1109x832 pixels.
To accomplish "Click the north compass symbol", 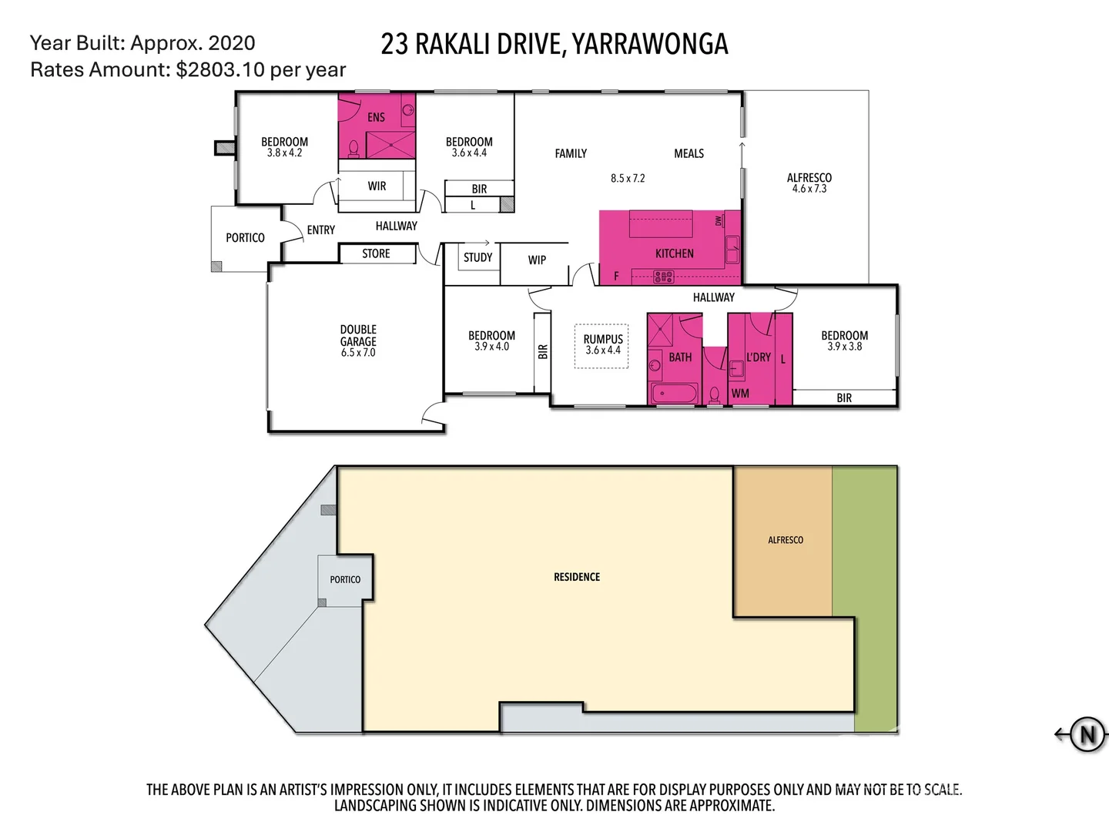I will coord(1087,734).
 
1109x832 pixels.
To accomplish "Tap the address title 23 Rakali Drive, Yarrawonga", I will coord(554,45).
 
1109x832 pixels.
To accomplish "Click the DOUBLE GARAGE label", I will coord(358,341).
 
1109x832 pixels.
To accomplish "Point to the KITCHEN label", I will coord(674,253).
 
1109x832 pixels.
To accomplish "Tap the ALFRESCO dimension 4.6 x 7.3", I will coord(809,189).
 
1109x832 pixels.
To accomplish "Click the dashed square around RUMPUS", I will coord(602,346).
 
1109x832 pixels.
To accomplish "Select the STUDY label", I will coord(477,257).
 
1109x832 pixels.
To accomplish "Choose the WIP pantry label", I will coord(537,260).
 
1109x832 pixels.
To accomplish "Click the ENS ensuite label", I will coord(376,117).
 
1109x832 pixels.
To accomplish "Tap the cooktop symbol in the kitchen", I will coord(663,277).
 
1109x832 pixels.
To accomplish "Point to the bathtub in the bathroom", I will coord(675,394).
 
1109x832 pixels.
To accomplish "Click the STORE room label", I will coord(376,253).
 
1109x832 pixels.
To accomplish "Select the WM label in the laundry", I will coord(740,394).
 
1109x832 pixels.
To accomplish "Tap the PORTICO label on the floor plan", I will coord(245,238).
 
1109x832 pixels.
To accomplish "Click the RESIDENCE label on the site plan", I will coord(577,577).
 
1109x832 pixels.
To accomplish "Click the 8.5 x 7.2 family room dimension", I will coord(628,178).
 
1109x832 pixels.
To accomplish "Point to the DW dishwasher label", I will coord(719,220).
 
